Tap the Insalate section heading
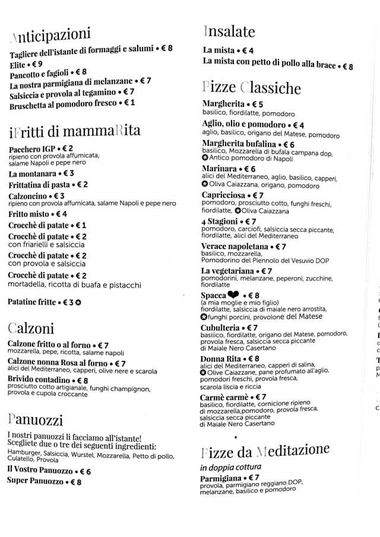229,31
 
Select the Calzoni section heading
31,328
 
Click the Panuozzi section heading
36,420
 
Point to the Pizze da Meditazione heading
265,452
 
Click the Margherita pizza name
223,104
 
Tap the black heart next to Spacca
233,295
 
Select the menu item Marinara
220,169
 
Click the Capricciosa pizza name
223,195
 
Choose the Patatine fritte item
32,302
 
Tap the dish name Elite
18,64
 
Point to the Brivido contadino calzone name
39,380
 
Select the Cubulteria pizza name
220,327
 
